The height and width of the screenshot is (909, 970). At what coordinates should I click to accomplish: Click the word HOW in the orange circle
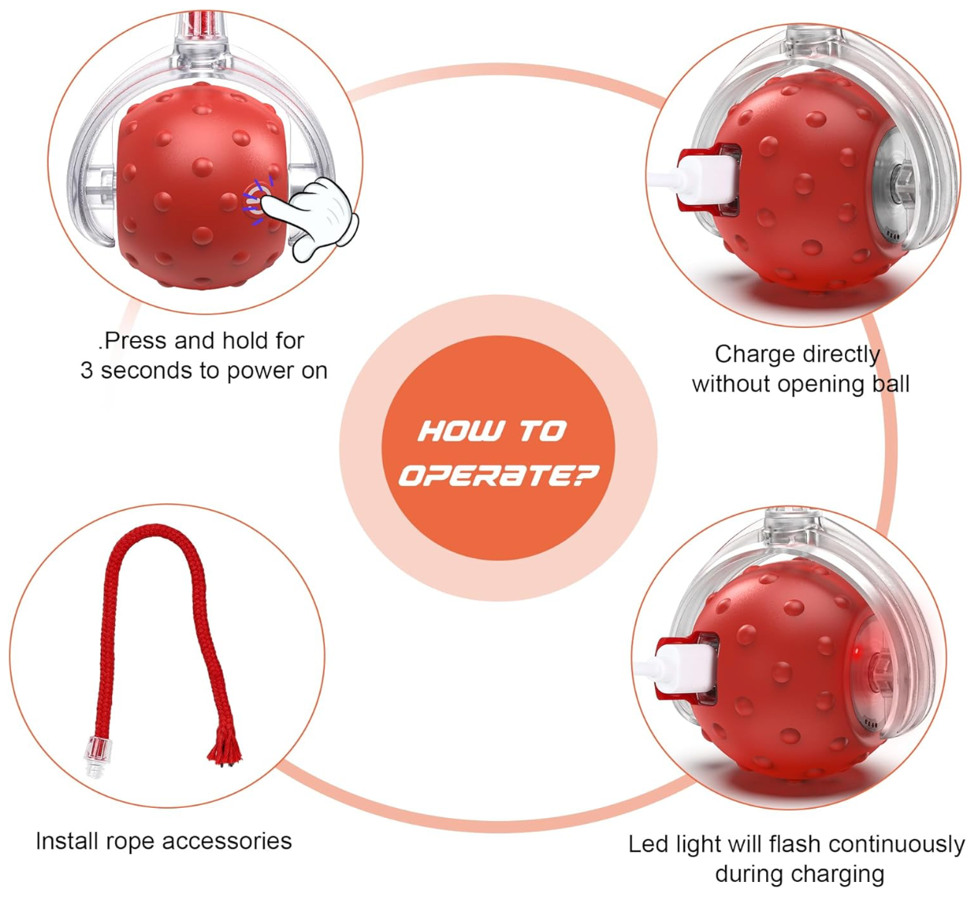(461, 431)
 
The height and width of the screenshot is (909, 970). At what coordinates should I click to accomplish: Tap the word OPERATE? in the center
(499, 475)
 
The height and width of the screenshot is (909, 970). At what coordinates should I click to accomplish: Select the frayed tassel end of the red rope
(225, 750)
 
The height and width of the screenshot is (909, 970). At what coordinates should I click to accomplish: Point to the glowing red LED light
(856, 650)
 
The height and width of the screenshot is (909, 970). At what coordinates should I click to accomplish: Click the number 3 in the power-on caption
(86, 371)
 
